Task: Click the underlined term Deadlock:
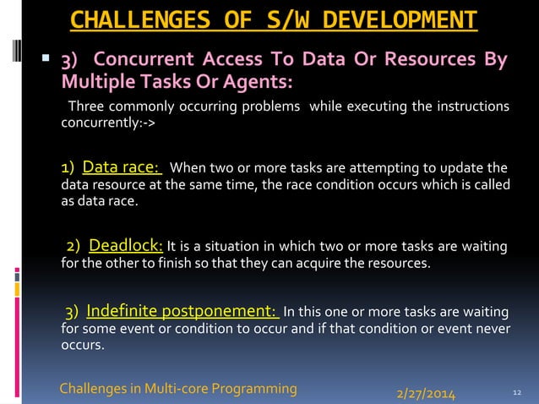pyautogui.click(x=126, y=246)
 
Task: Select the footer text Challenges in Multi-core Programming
pyautogui.click(x=178, y=389)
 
